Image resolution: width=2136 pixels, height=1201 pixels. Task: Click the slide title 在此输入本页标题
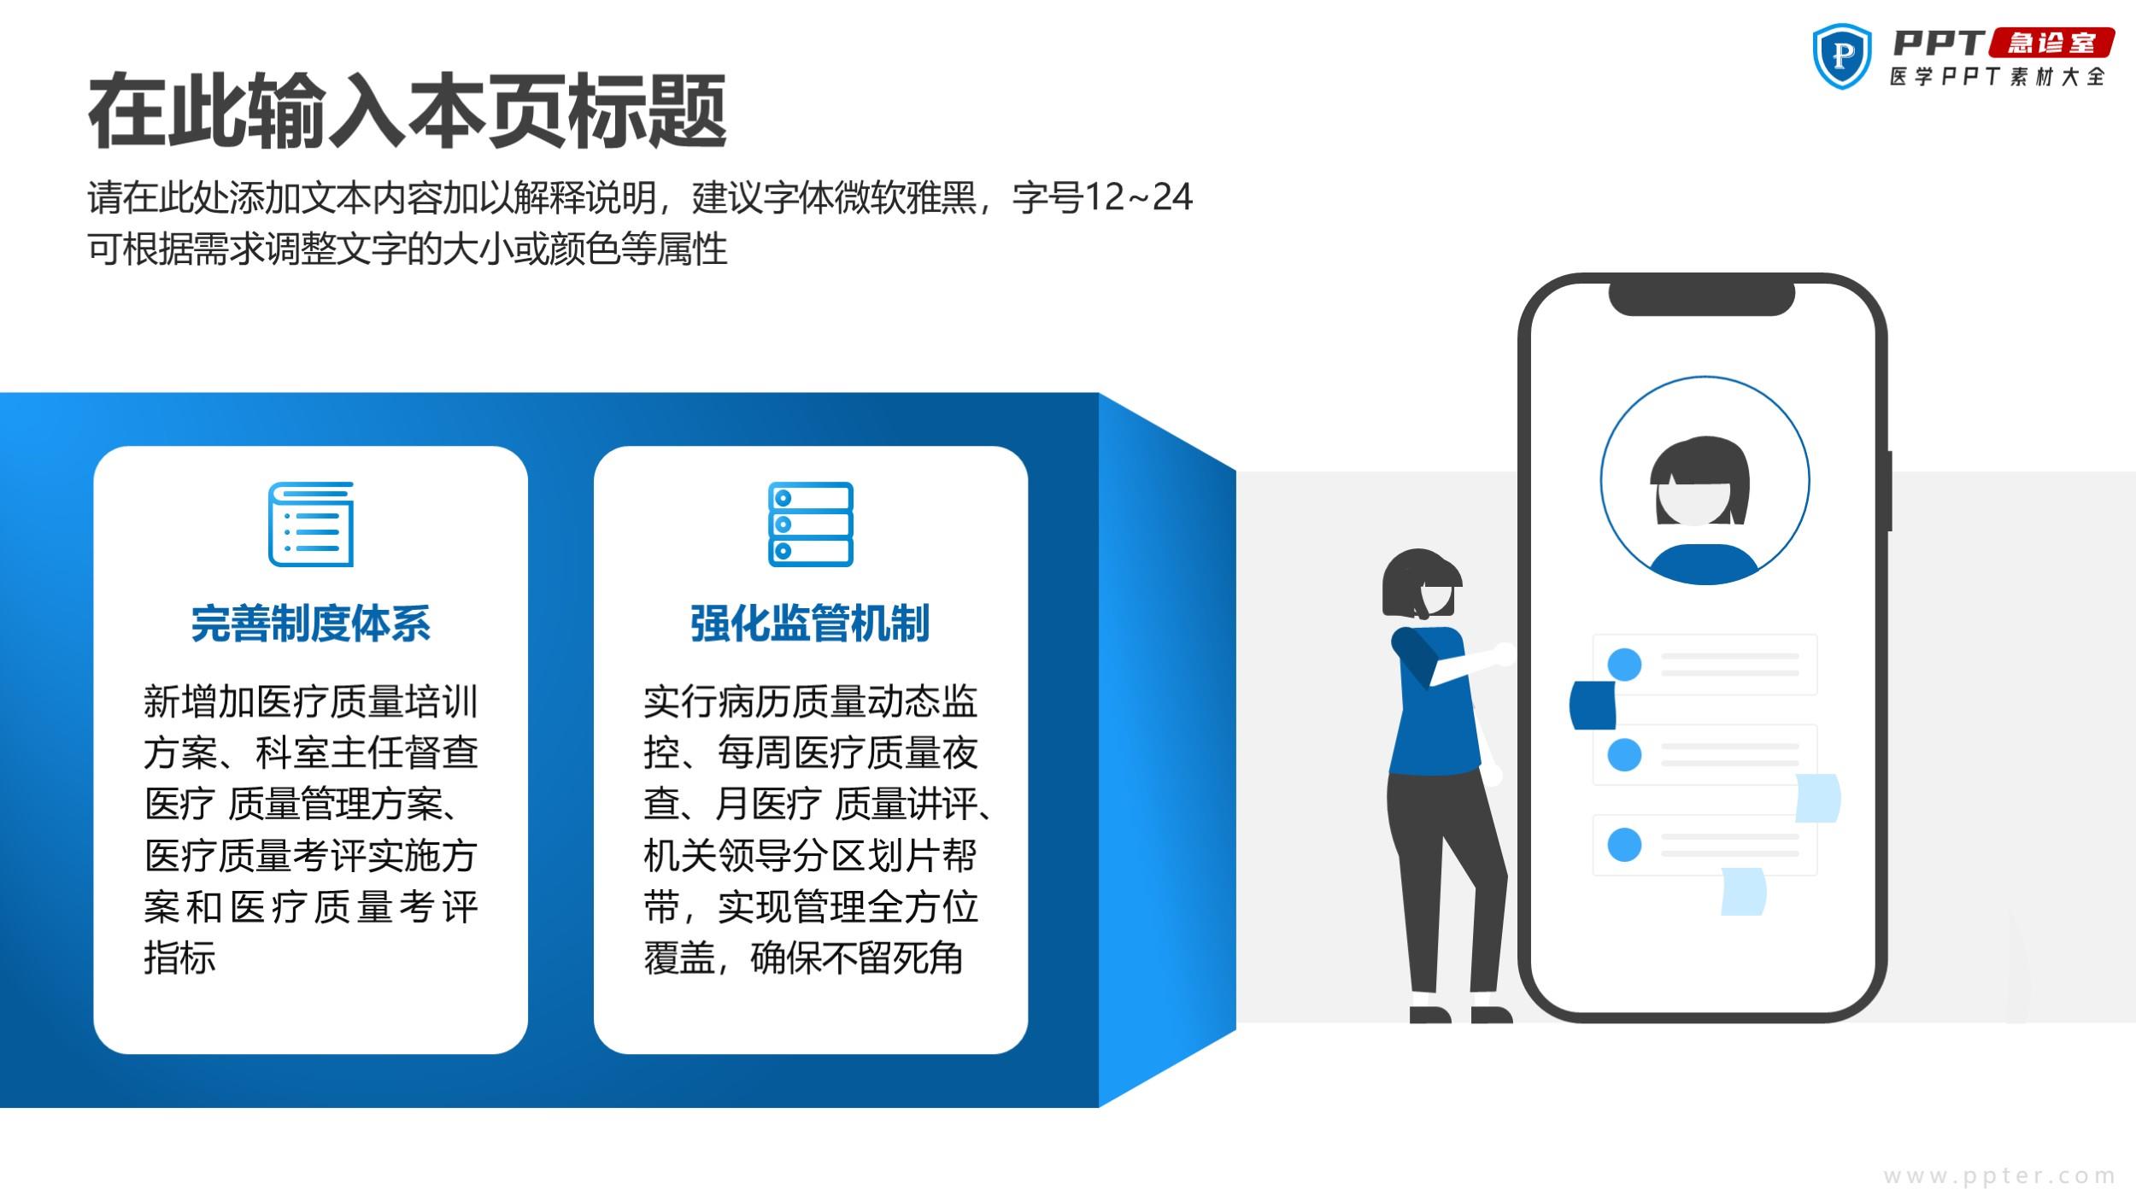tap(408, 111)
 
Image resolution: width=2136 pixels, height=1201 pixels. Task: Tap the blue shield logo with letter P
tap(1842, 56)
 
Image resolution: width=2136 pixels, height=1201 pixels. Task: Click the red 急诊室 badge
tap(2051, 43)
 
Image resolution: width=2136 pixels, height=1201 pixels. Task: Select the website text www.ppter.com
tap(1999, 1176)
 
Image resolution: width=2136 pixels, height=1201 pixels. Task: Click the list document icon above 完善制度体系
tap(311, 524)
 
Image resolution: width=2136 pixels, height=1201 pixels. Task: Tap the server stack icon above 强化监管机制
tap(811, 524)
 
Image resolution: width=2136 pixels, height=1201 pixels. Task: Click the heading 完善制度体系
tap(311, 623)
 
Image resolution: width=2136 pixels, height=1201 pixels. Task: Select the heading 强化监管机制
tap(810, 623)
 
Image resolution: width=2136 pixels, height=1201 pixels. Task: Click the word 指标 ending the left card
tap(179, 958)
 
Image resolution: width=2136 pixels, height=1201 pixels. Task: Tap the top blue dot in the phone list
tap(1624, 665)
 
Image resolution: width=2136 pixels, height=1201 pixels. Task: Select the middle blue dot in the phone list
tap(1624, 754)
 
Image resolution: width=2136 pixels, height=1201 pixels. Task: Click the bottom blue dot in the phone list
tap(1624, 845)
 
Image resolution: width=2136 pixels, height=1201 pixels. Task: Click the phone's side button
tap(1889, 490)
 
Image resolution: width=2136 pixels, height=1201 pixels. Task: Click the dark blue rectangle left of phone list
tap(1593, 706)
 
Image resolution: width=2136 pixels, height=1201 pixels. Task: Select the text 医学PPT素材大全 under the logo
tap(1998, 76)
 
